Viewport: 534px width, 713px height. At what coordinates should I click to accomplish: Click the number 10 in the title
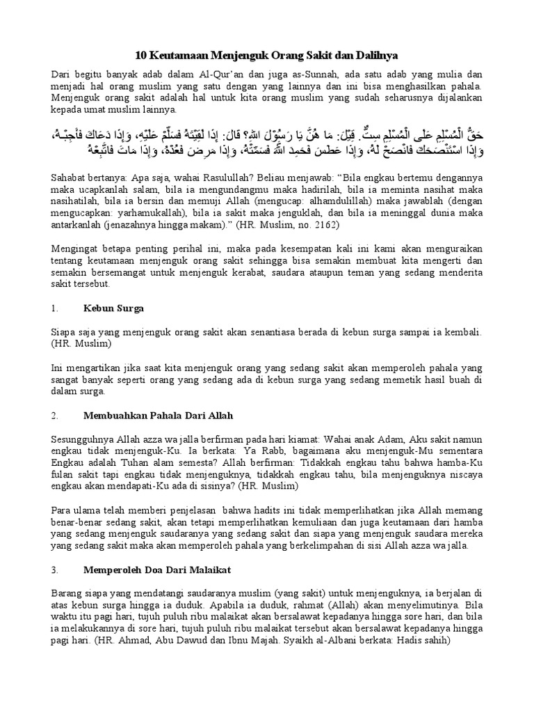138,54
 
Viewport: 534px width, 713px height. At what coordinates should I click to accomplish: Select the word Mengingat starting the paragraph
76,249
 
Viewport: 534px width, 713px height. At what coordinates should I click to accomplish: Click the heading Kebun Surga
113,307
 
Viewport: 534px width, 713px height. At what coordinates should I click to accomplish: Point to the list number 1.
55,307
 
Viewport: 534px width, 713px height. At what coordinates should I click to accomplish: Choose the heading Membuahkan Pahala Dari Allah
158,416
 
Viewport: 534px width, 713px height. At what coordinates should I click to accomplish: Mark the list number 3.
55,570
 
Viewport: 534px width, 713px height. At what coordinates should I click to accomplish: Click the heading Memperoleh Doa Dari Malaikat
157,570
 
